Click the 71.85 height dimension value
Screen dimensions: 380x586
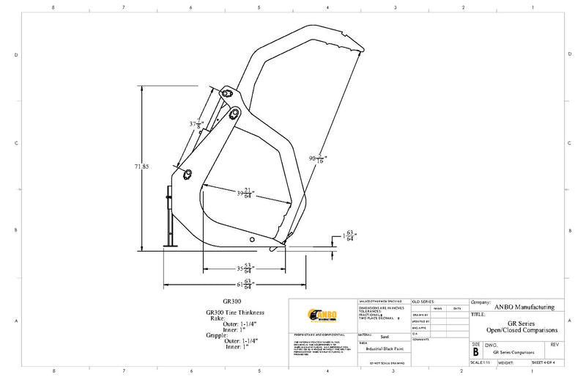(x=141, y=167)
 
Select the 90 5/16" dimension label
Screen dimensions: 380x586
(x=317, y=156)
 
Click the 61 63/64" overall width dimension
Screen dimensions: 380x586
(x=245, y=284)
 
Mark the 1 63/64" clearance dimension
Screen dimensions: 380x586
(x=349, y=236)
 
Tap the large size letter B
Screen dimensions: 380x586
(x=475, y=352)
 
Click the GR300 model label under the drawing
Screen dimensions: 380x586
(x=231, y=301)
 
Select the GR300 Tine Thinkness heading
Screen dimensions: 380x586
(x=234, y=313)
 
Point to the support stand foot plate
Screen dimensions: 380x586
(x=170, y=246)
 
